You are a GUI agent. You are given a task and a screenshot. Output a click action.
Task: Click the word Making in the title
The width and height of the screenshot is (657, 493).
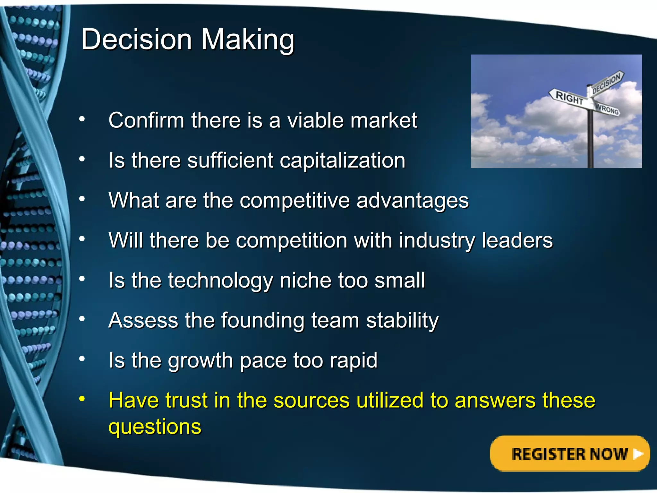click(247, 40)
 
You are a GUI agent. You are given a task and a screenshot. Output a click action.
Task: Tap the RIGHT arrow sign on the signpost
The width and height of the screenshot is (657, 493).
click(569, 97)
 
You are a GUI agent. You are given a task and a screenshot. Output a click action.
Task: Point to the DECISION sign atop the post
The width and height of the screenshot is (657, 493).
click(606, 83)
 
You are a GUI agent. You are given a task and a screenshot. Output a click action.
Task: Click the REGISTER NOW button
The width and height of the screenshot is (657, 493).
click(569, 454)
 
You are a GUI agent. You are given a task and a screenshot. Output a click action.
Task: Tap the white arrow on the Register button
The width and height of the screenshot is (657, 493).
click(638, 454)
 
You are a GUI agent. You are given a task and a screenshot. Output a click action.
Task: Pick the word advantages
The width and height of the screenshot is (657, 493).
click(412, 200)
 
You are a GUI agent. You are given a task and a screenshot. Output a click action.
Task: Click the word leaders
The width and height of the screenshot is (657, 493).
click(517, 240)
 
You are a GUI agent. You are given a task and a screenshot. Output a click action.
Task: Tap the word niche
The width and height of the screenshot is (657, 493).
click(305, 280)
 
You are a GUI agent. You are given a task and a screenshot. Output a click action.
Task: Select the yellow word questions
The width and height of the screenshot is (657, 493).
click(155, 427)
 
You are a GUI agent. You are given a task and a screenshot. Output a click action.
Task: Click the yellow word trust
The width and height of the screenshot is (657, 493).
click(183, 401)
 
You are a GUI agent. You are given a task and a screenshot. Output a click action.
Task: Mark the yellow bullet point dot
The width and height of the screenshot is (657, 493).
click(82, 399)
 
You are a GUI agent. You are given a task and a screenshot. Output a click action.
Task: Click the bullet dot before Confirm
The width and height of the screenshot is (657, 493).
click(82, 119)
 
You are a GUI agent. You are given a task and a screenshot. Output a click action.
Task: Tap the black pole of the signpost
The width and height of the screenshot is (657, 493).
click(590, 141)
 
